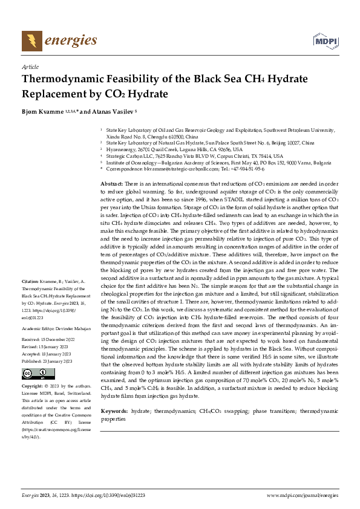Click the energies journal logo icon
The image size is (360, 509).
pyautogui.click(x=31, y=41)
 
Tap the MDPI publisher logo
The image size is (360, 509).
pyautogui.click(x=324, y=41)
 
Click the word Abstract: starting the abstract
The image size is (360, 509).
pyautogui.click(x=111, y=183)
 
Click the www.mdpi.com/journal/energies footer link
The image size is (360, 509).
pyautogui.click(x=302, y=496)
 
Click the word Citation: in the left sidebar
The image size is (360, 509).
pyautogui.click(x=30, y=282)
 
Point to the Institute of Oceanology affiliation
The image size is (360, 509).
pyautogui.click(x=218, y=163)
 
